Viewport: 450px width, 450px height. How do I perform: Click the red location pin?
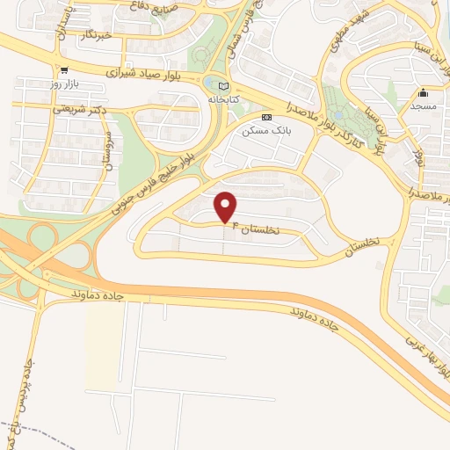point(227,207)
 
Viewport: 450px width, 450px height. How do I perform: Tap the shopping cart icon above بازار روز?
point(63,70)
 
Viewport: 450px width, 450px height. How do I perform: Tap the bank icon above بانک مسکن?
point(267,117)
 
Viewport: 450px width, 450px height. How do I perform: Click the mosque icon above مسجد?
point(424,92)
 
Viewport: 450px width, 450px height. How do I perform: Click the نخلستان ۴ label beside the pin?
point(265,229)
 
